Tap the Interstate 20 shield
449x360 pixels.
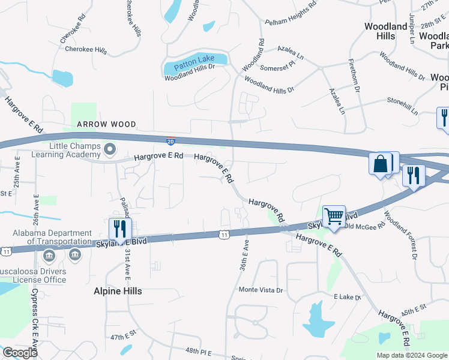point(171,140)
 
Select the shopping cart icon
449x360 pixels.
point(333,215)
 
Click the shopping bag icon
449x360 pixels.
point(381,164)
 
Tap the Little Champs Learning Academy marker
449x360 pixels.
point(109,148)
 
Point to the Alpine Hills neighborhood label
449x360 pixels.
point(118,291)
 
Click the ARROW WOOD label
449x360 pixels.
point(106,124)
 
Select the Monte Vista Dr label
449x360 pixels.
point(261,290)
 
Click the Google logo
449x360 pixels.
point(20,353)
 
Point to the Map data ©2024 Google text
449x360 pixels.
point(411,355)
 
